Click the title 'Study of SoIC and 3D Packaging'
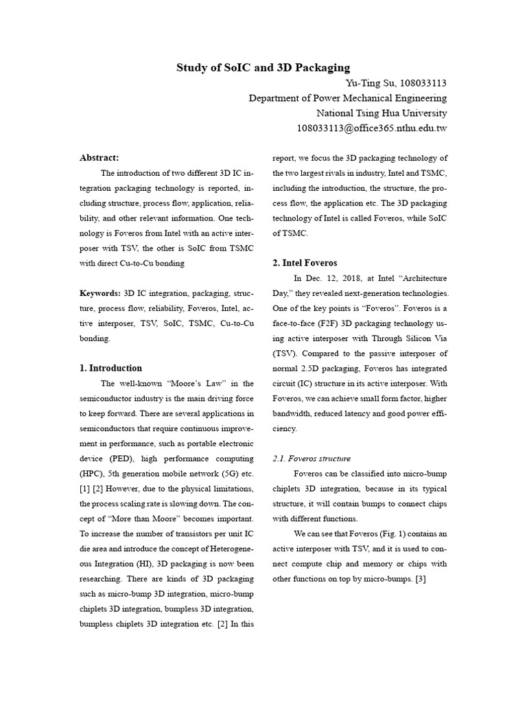263,67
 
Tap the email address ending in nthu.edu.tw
371,128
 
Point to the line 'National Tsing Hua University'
381,113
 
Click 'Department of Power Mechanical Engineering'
347,98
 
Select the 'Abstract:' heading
99,158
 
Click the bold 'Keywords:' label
100,293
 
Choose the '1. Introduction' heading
111,368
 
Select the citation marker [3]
421,579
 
